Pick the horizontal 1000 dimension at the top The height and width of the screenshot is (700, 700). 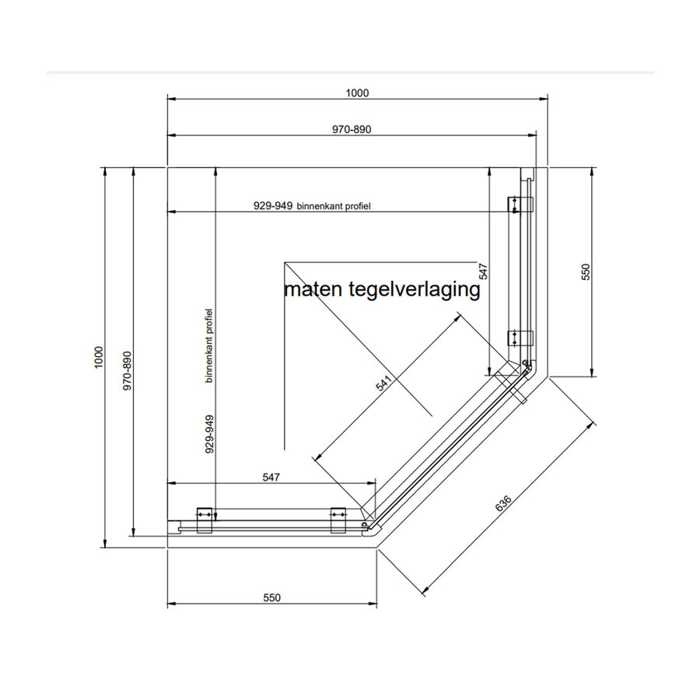tap(357, 93)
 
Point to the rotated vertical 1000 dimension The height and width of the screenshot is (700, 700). tap(99, 357)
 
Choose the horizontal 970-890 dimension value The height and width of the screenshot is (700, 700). tap(352, 129)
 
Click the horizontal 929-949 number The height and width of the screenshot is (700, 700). tap(272, 206)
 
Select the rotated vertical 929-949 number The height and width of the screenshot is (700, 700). tap(210, 433)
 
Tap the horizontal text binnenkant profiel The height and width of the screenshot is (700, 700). tap(334, 206)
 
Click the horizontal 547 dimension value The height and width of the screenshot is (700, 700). tap(270, 476)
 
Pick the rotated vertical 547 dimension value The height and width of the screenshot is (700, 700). tap(483, 271)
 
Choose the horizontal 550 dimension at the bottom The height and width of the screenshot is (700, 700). tap(270, 598)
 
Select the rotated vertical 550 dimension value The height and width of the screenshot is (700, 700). tap(587, 271)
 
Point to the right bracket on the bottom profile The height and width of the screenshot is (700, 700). tap(340, 520)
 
